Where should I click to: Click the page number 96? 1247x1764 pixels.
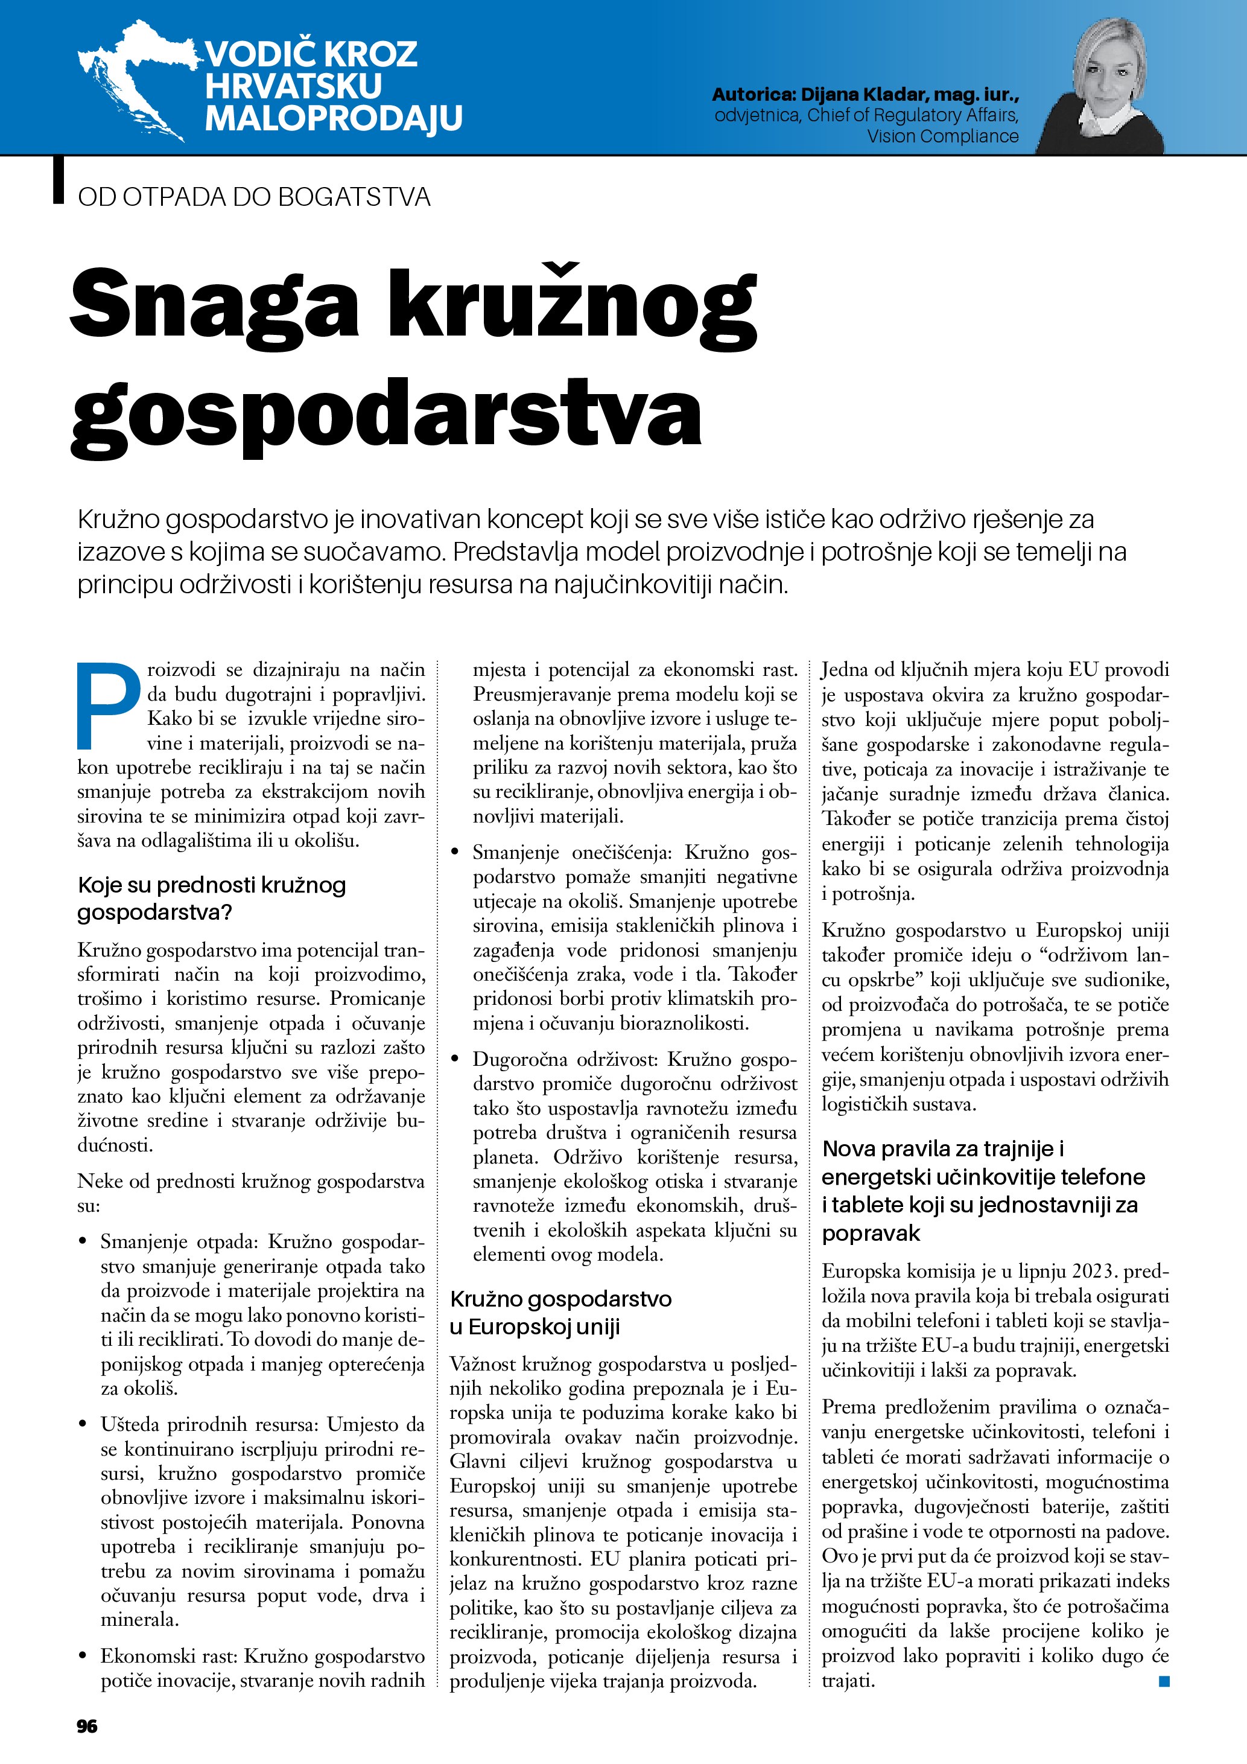click(x=87, y=1725)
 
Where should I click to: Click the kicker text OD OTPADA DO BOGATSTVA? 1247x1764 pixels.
click(x=253, y=197)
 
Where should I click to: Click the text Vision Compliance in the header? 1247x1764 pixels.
click(x=942, y=137)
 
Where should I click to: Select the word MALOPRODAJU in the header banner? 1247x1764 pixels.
click(x=333, y=118)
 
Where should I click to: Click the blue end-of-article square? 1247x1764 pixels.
click(x=1163, y=1681)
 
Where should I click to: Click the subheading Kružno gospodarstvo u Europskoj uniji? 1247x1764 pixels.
click(x=560, y=1313)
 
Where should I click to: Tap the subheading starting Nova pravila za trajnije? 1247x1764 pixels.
click(x=983, y=1191)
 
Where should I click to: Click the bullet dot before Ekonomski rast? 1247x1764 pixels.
click(x=83, y=1657)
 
